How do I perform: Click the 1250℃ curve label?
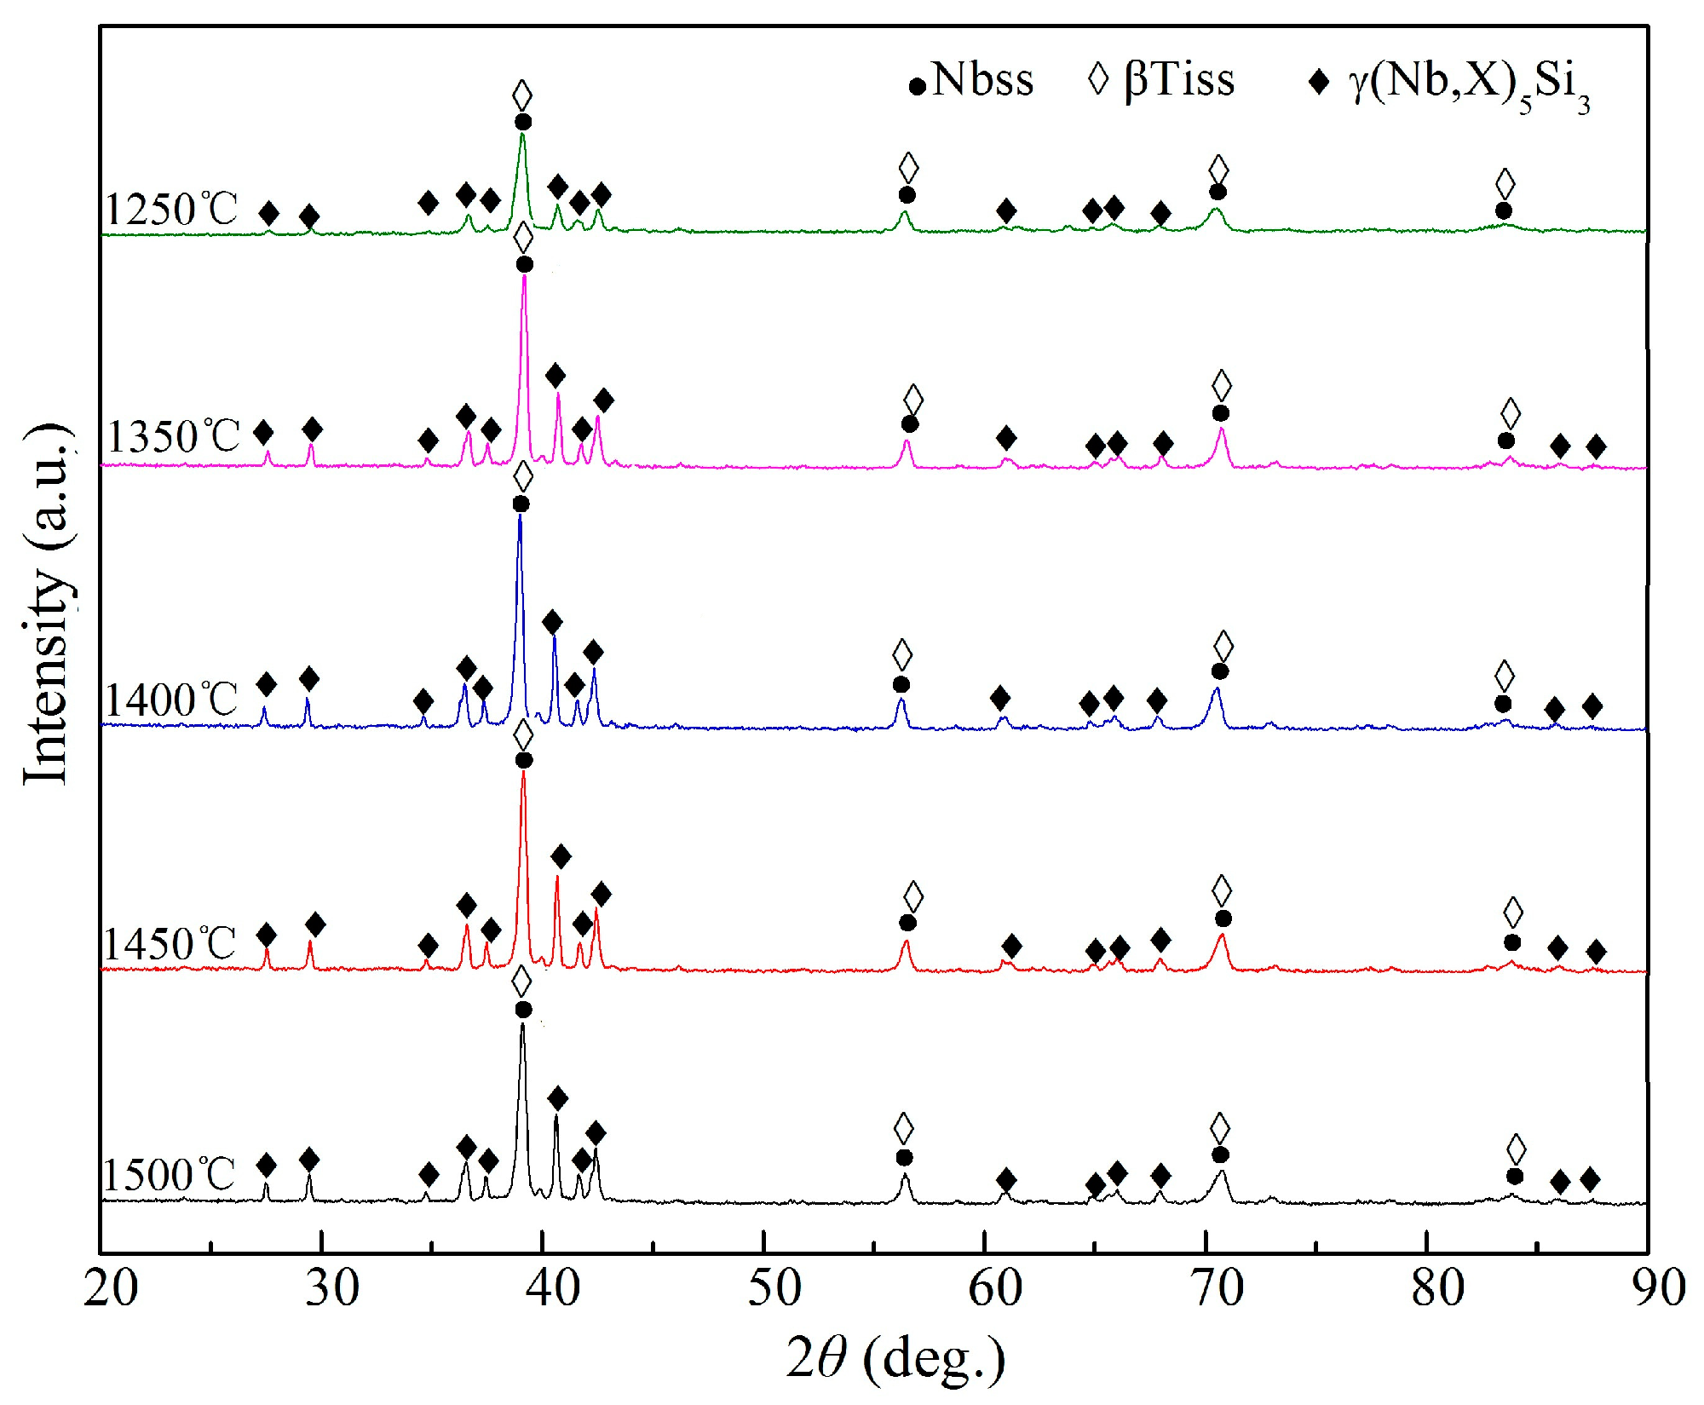pyautogui.click(x=170, y=209)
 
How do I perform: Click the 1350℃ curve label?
pyautogui.click(x=173, y=436)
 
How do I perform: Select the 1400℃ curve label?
pyautogui.click(x=170, y=700)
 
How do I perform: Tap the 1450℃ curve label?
pyautogui.click(x=169, y=944)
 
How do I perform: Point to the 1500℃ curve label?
pyautogui.click(x=169, y=1175)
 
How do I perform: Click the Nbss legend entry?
pyautogui.click(x=971, y=81)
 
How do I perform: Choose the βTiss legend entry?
pyautogui.click(x=1161, y=81)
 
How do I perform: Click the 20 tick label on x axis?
pyautogui.click(x=110, y=1287)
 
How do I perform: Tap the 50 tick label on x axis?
pyautogui.click(x=774, y=1287)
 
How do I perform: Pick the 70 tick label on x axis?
pyautogui.click(x=1217, y=1287)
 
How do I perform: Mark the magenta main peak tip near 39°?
pyautogui.click(x=524, y=275)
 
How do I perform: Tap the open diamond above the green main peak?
pyautogui.click(x=522, y=95)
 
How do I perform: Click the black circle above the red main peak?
pyautogui.click(x=524, y=760)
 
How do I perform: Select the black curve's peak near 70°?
pyautogui.click(x=1222, y=1172)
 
